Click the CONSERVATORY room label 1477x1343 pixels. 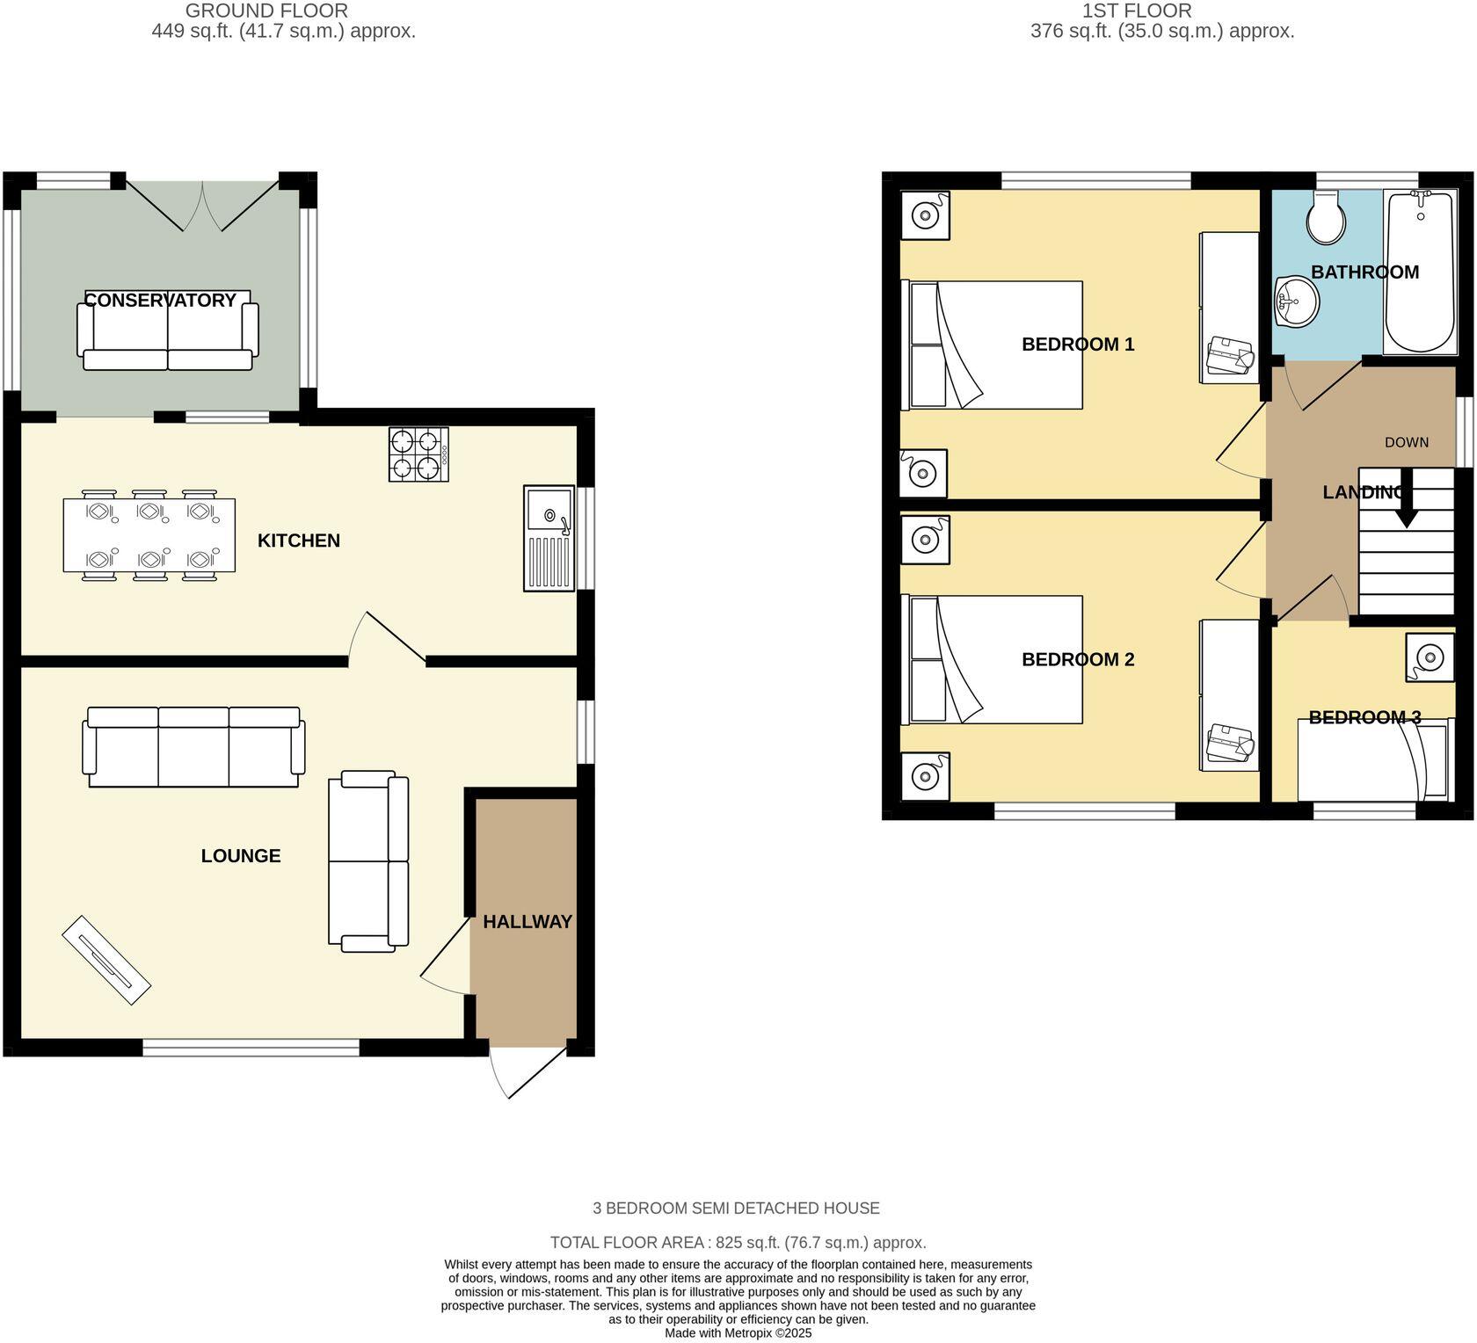pos(160,301)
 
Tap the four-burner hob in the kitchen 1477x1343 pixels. pos(418,454)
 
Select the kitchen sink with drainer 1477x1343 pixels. pos(549,538)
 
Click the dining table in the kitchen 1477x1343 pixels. pos(149,535)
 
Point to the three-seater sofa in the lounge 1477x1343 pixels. pos(193,747)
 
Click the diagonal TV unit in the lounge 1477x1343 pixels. pos(106,961)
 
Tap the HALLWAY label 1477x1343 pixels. pos(527,922)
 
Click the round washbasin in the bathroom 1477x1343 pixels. pos(1295,301)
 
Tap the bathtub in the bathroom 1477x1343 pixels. pos(1419,272)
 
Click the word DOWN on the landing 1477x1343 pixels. pos(1406,442)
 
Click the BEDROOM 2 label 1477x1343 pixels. pos(1077,659)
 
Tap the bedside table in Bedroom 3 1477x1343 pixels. pos(1429,657)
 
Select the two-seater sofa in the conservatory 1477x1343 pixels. pos(168,334)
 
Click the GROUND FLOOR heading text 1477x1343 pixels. pos(266,11)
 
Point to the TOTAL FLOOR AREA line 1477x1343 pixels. pos(738,1243)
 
